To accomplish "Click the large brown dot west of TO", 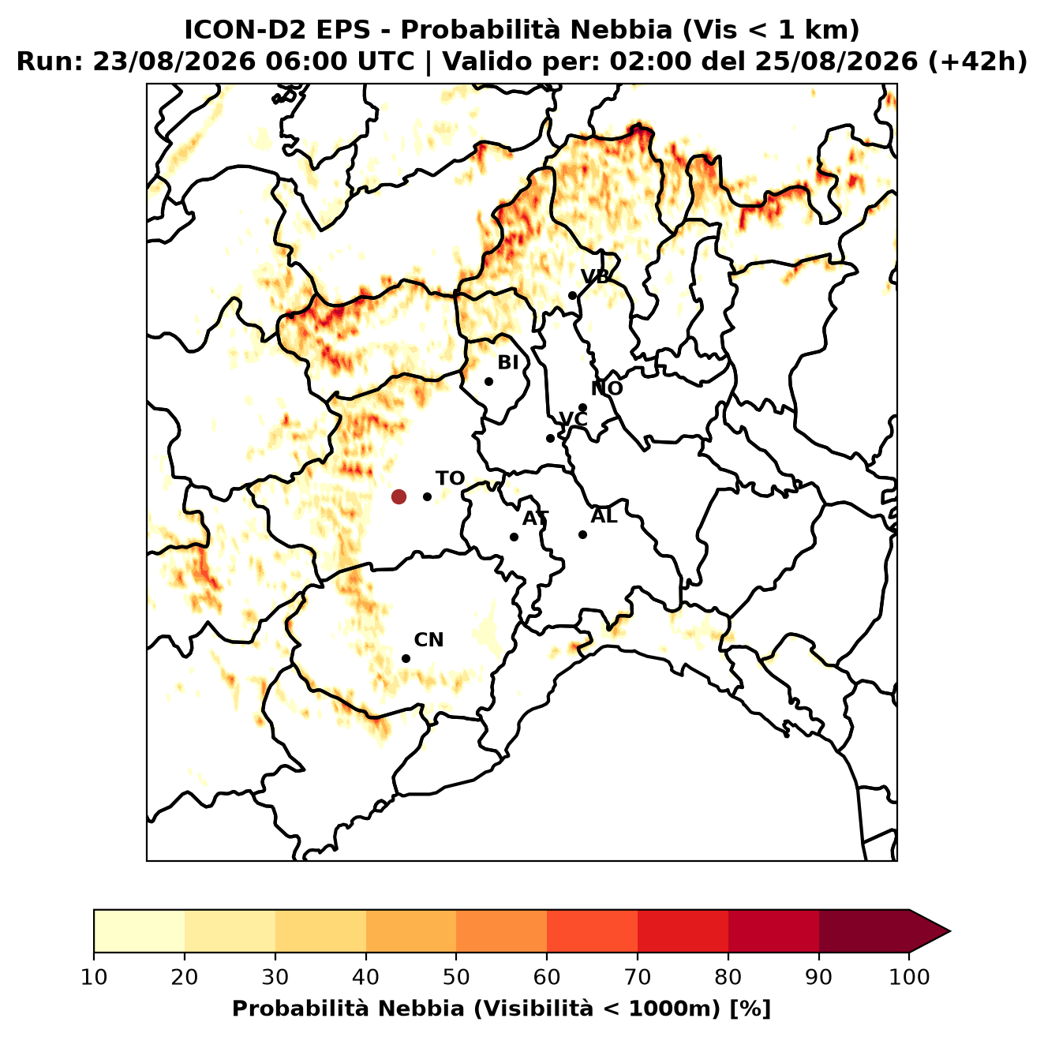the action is (399, 496).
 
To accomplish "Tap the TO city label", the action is (450, 478).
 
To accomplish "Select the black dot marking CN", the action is (406, 659).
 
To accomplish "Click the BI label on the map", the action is (507, 363).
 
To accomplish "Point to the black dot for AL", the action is (582, 534).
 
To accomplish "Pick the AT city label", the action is (535, 518).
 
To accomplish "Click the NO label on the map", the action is (606, 388).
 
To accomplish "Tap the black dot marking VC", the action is (551, 438).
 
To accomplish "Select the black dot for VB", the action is (572, 295).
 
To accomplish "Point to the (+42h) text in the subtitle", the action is (977, 62).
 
